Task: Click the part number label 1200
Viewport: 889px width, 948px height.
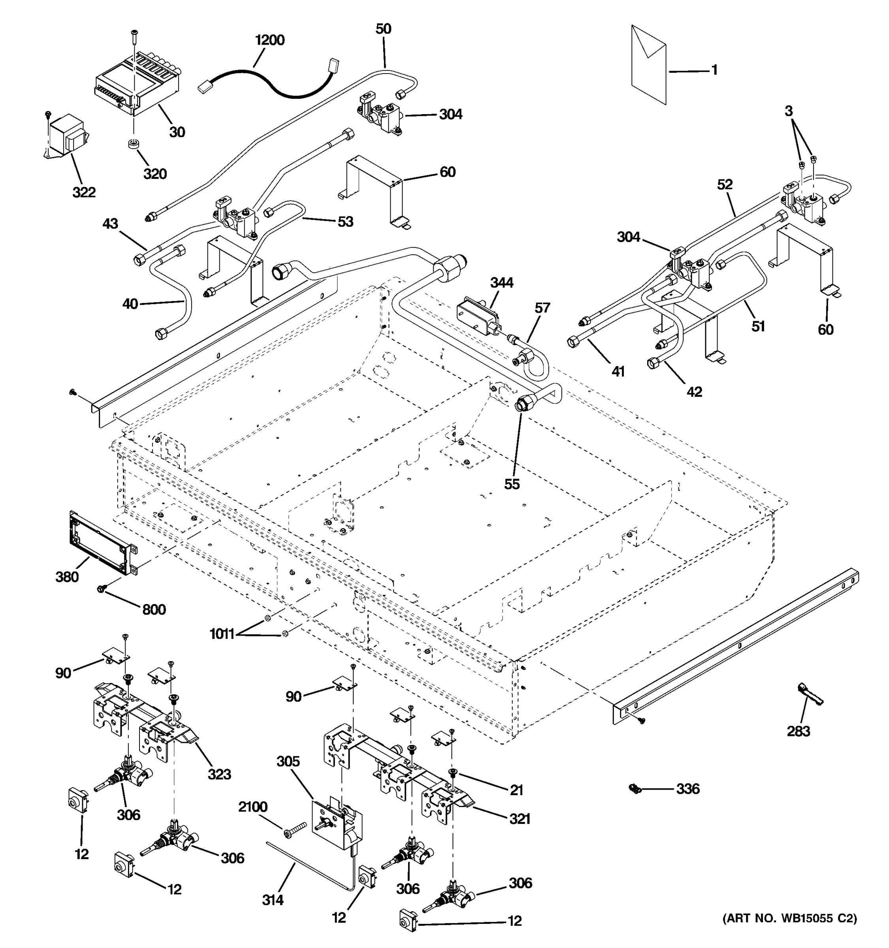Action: click(270, 40)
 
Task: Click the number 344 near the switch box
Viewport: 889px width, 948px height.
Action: click(502, 283)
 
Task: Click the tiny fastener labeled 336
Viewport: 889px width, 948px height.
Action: click(634, 789)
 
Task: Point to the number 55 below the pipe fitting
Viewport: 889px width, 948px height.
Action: click(512, 484)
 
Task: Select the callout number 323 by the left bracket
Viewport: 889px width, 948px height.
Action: click(219, 774)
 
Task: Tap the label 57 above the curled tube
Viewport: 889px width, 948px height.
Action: click(542, 308)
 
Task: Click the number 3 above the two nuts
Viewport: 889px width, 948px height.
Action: click(788, 111)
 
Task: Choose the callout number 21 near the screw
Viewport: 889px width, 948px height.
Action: click(516, 790)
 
